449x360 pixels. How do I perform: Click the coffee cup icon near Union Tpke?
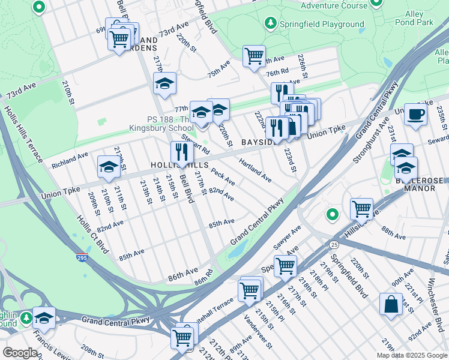415,114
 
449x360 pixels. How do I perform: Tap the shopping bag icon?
391,303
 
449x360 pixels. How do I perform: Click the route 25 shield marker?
333,245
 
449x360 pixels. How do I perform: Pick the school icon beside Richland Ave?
108,166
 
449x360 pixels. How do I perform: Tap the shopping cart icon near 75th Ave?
254,56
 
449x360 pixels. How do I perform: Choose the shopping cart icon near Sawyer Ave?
285,265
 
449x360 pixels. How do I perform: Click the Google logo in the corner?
20,352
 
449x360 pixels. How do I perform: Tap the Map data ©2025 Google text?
411,355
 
